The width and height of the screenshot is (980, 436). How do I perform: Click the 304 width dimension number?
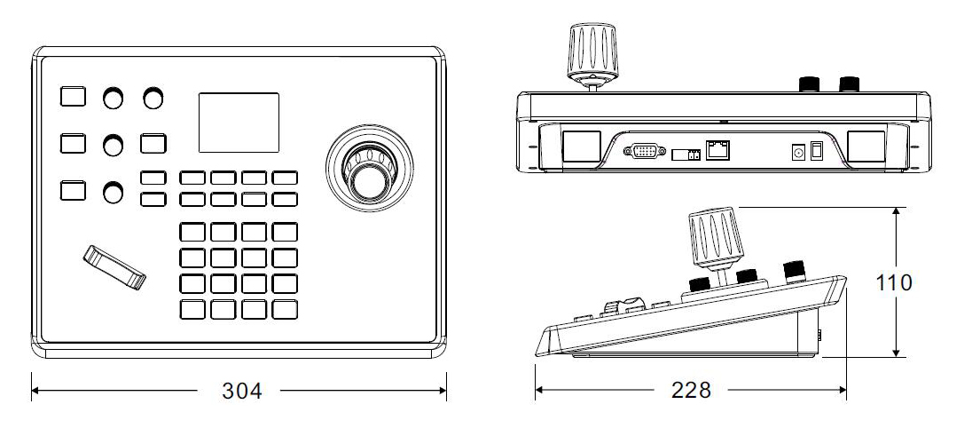[x=242, y=391]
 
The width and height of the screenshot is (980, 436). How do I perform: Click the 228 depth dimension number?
[x=691, y=391]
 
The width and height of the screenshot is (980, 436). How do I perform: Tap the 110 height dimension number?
[x=894, y=282]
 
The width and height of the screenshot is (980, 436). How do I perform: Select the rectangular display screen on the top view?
[x=239, y=123]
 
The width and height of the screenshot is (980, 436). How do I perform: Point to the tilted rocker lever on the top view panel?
[x=114, y=267]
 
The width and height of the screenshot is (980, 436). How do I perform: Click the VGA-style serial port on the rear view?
[x=645, y=151]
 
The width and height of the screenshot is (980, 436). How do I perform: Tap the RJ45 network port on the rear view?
[x=717, y=150]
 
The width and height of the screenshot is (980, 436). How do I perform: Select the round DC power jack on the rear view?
[x=797, y=152]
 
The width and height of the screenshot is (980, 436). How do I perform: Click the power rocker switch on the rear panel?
[x=816, y=151]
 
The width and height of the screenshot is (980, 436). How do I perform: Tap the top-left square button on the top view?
[x=73, y=96]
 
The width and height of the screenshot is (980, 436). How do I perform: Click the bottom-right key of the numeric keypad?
[x=285, y=310]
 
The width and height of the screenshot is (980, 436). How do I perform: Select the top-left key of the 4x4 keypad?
[x=192, y=232]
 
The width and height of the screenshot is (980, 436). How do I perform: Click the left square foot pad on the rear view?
[x=581, y=147]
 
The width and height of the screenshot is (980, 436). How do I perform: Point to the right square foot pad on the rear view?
[x=866, y=147]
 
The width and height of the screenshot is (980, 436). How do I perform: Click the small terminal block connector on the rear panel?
[x=686, y=155]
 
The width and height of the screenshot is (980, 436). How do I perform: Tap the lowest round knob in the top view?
[x=114, y=192]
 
